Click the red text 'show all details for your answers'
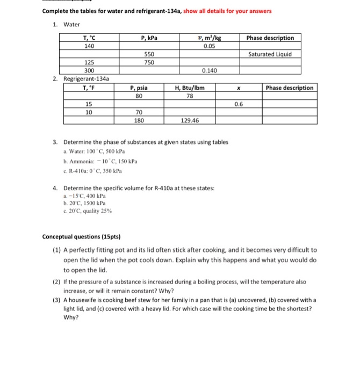click(x=227, y=11)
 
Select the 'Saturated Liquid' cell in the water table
click(x=270, y=54)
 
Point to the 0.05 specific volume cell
click(x=209, y=46)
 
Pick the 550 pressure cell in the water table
click(x=149, y=54)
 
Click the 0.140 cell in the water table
click(x=209, y=70)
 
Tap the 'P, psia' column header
click(x=139, y=88)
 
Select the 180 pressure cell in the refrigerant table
click(x=139, y=121)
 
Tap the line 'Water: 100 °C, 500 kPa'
click(x=98, y=152)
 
